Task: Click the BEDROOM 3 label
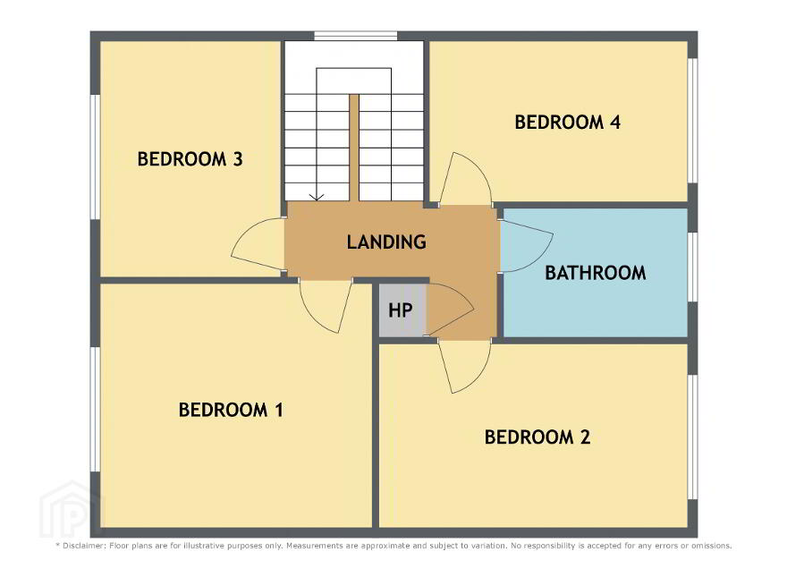(x=190, y=159)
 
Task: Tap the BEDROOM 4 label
(x=568, y=122)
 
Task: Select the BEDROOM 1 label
(x=231, y=410)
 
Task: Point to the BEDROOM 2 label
(x=537, y=437)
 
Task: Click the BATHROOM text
(x=596, y=273)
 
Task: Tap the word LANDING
(x=386, y=242)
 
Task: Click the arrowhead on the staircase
(x=317, y=198)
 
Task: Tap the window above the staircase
(x=356, y=36)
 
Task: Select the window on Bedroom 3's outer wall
(x=95, y=157)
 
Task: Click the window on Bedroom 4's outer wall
(x=692, y=121)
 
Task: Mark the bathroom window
(x=692, y=267)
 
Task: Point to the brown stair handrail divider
(x=354, y=148)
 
